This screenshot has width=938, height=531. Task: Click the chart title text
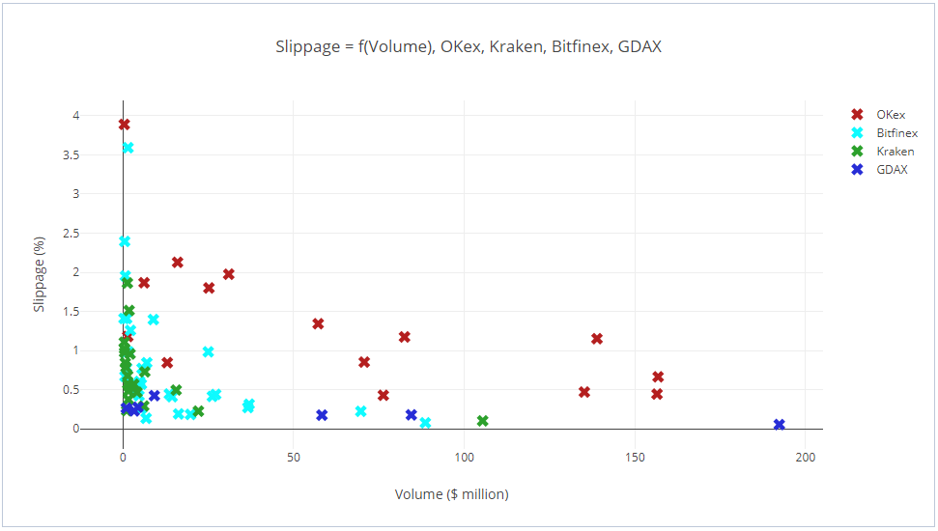469,46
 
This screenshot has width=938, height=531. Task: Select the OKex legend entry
890,115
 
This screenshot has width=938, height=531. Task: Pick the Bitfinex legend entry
896,133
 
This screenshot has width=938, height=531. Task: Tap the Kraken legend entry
895,152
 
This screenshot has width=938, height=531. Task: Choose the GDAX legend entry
892,170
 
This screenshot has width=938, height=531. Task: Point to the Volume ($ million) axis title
451,494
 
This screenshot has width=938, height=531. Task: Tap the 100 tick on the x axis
465,455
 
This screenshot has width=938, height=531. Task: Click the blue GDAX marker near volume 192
780,425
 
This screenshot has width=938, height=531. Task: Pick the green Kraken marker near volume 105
482,421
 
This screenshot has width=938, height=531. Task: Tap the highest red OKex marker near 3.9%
125,125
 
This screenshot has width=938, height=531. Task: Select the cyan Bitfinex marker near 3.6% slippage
128,148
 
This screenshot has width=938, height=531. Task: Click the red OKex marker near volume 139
597,339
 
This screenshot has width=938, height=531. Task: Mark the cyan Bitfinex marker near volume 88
425,423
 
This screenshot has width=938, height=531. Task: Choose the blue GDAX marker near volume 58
322,415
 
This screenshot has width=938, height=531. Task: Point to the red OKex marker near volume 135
584,392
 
